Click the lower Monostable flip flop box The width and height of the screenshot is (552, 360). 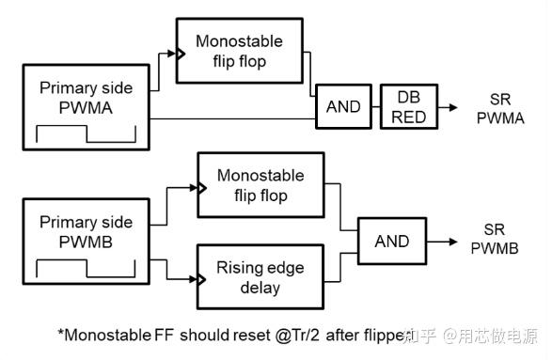tap(260, 187)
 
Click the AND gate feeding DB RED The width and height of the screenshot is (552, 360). tap(343, 107)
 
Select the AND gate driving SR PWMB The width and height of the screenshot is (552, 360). tap(391, 241)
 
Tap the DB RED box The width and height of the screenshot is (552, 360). tap(408, 107)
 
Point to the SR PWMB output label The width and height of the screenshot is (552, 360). tap(495, 241)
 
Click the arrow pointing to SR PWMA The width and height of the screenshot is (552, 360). tap(449, 107)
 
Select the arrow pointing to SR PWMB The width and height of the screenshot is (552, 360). tap(442, 241)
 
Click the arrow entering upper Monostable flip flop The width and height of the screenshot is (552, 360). tap(170, 55)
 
